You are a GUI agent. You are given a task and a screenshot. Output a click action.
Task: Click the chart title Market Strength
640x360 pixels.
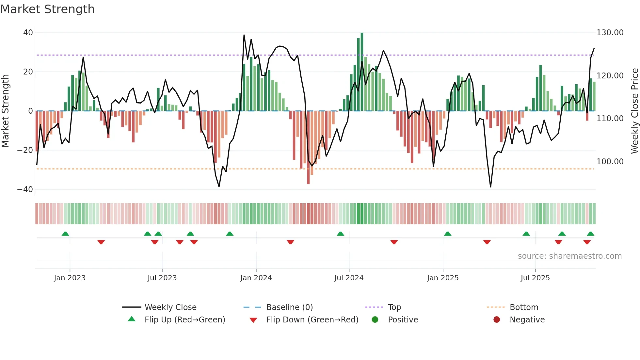click(x=47, y=9)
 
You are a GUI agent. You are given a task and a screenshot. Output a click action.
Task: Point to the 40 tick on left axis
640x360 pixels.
click(x=28, y=33)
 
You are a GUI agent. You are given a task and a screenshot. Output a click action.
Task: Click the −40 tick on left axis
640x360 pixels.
click(x=25, y=189)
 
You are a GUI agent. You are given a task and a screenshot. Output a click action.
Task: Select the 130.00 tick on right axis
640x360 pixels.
click(x=610, y=33)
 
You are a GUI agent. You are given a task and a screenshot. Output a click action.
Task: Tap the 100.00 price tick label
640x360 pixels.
click(x=610, y=162)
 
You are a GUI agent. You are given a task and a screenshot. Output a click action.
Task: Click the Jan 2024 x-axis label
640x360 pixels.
click(x=256, y=278)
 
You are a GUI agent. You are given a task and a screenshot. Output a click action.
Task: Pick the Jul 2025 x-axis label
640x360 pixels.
click(x=535, y=278)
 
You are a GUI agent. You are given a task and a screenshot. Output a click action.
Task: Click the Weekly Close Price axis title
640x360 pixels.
click(x=634, y=111)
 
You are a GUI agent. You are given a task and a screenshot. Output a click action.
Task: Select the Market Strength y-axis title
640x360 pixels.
click(x=6, y=111)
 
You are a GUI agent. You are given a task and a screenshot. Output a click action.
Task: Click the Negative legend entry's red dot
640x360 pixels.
click(x=497, y=319)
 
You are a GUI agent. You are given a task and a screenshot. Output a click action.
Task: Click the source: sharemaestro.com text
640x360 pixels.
click(x=569, y=256)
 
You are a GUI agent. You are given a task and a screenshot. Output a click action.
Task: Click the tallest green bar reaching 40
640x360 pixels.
click(x=362, y=72)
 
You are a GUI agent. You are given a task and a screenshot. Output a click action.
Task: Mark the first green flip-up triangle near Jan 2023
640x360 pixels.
click(x=65, y=234)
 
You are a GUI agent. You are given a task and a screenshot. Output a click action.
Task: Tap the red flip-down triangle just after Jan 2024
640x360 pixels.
click(x=290, y=242)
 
